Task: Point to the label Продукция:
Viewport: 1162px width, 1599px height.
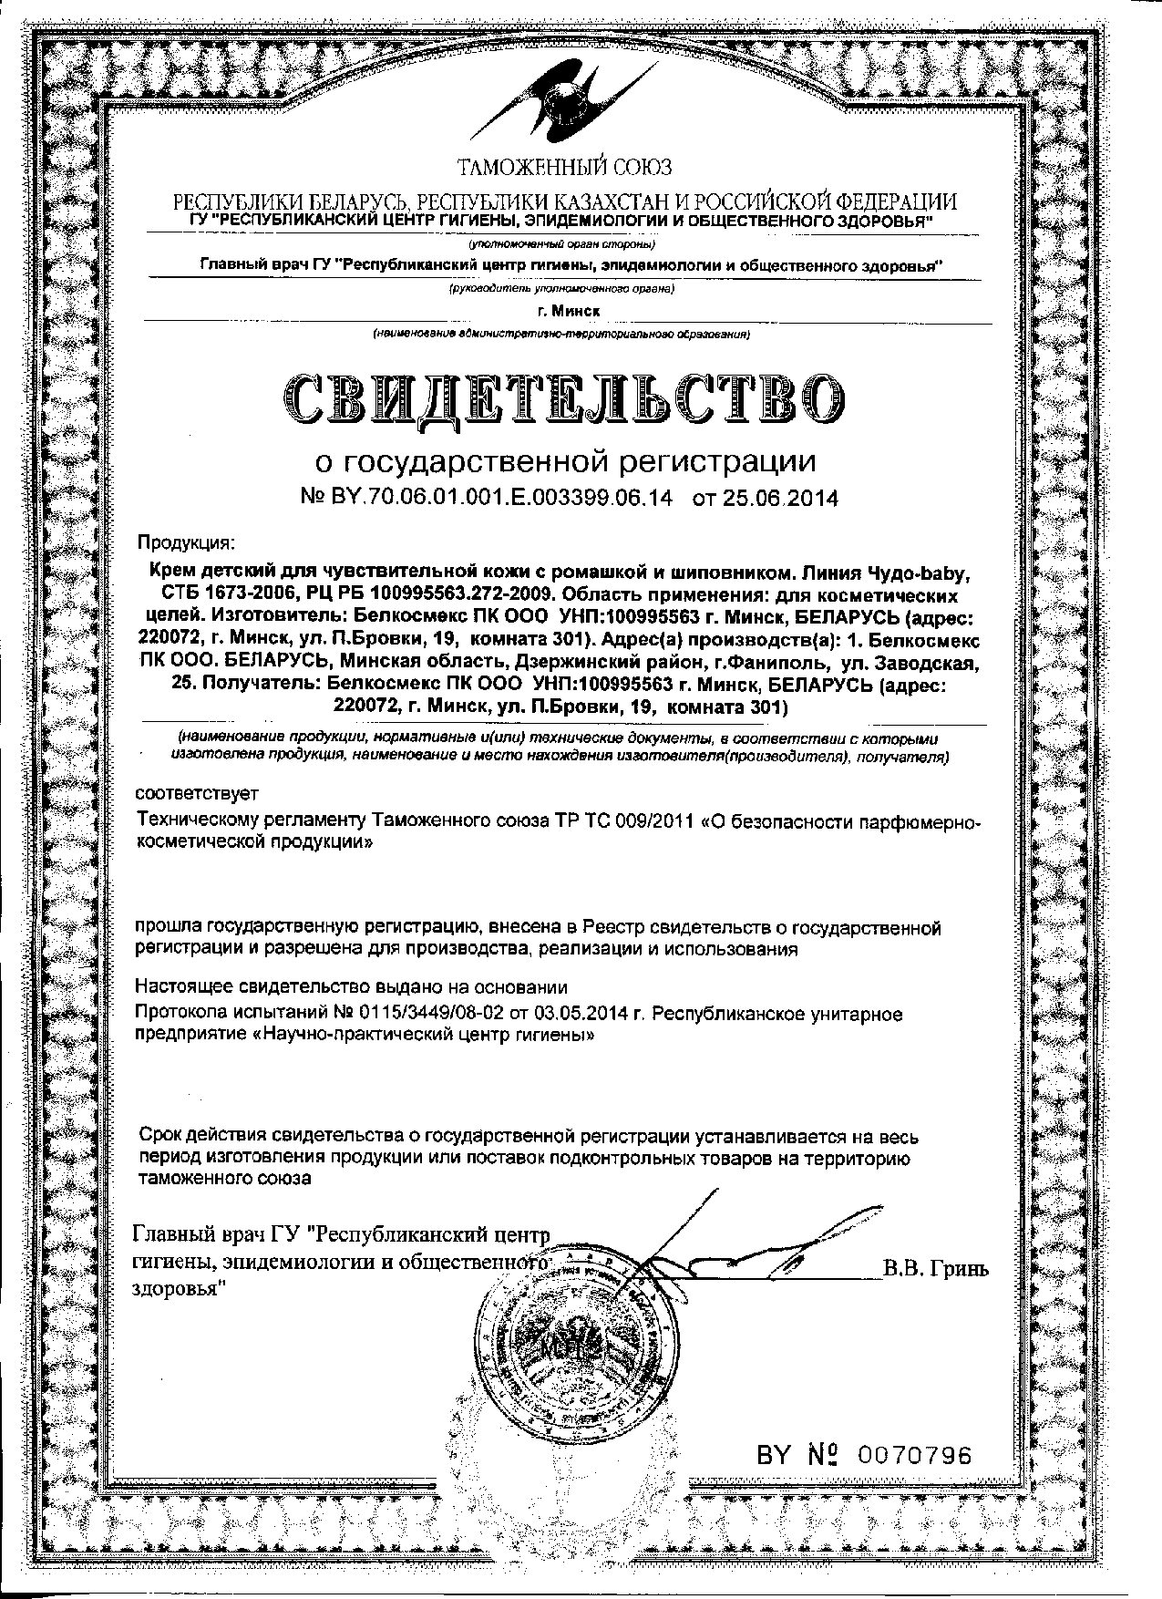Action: click(x=186, y=543)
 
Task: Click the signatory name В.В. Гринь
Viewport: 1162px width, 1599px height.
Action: click(x=935, y=1269)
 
